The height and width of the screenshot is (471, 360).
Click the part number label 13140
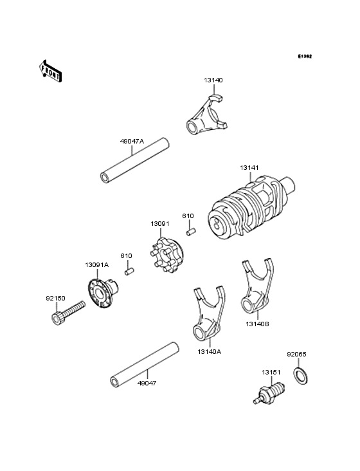point(214,80)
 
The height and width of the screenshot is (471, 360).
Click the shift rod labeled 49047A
point(134,160)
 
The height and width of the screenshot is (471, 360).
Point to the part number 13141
point(249,167)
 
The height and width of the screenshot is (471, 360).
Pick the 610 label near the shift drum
point(188,216)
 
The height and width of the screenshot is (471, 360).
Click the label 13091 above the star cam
point(160,224)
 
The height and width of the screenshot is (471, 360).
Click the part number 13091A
point(97,264)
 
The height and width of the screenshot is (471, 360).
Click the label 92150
point(55,298)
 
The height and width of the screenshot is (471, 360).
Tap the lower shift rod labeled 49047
point(145,364)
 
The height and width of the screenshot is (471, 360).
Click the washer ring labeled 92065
point(300,375)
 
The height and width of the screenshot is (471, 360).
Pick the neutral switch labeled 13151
point(268,393)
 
